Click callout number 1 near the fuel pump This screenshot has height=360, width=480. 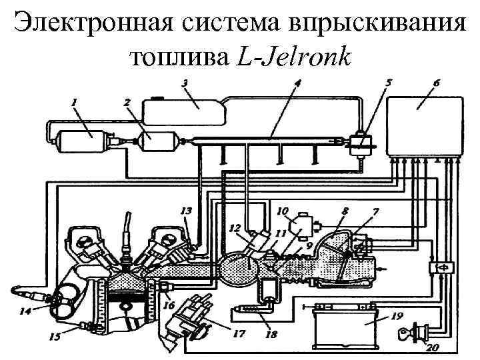(73, 102)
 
